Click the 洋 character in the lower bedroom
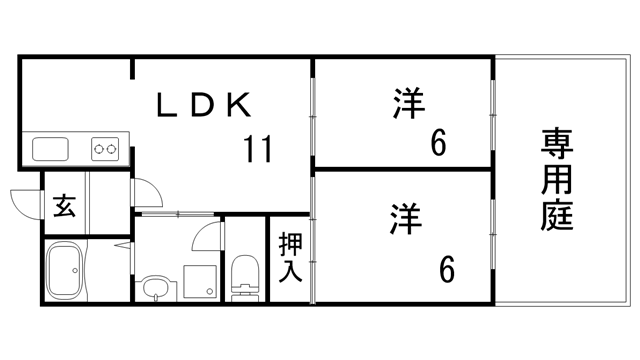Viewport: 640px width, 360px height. tap(403, 217)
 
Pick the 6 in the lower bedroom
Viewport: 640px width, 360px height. tap(446, 267)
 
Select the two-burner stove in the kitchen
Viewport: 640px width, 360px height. tap(105, 150)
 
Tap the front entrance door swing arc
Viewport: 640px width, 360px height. tap(26, 200)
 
